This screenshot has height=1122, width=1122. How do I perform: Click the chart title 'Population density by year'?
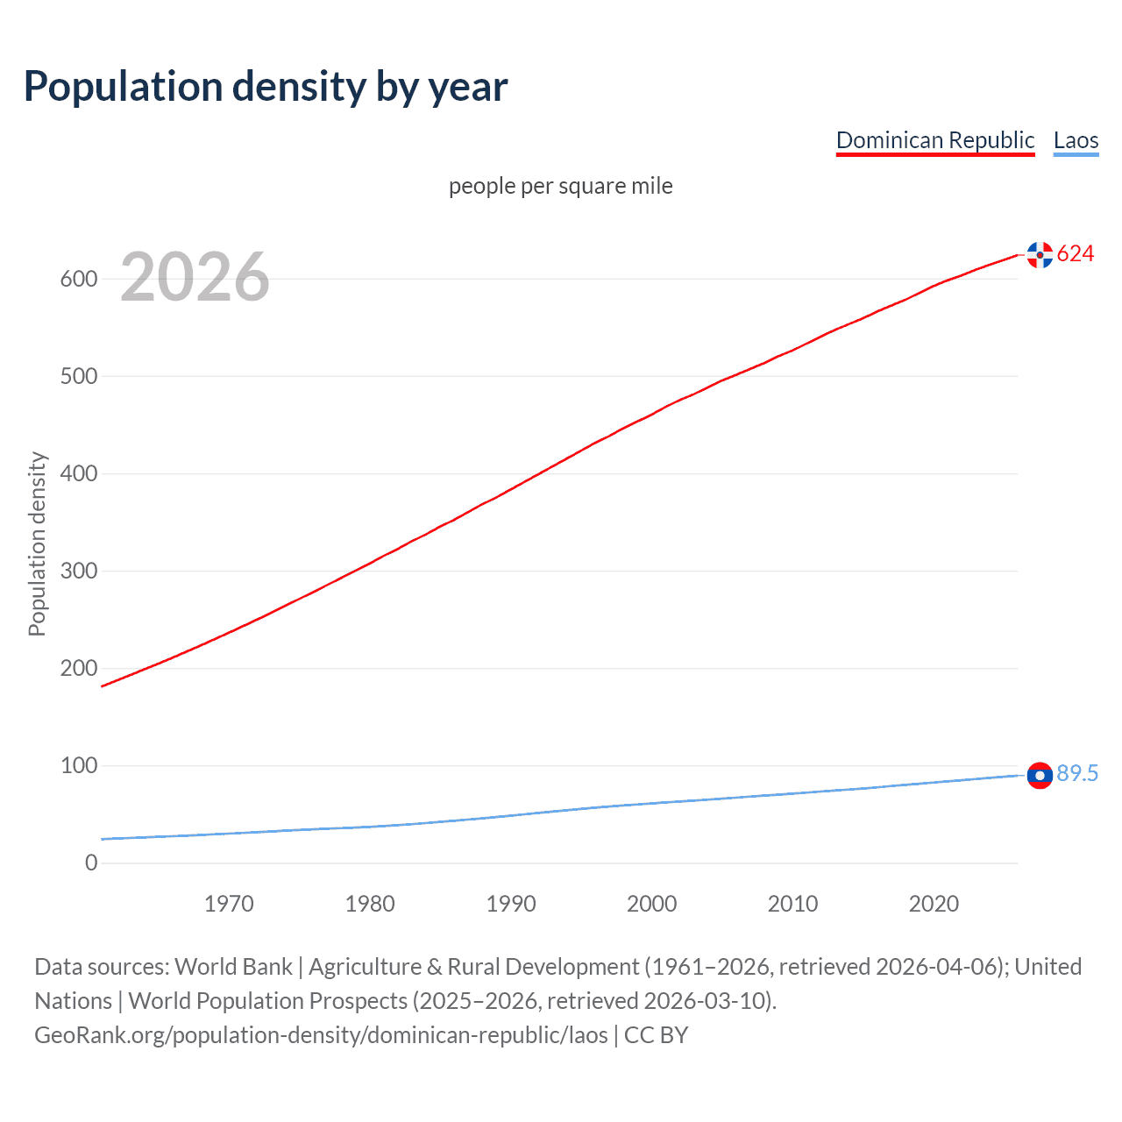click(x=266, y=87)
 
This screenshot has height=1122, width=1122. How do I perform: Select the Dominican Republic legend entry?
click(x=935, y=140)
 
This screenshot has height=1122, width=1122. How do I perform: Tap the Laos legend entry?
click(x=1076, y=140)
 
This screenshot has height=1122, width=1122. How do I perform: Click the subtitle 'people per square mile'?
click(x=560, y=186)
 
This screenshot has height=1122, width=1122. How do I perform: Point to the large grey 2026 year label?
click(x=195, y=277)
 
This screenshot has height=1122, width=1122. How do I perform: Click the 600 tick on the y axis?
click(x=78, y=279)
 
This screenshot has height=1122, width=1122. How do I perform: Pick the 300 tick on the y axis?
click(x=78, y=571)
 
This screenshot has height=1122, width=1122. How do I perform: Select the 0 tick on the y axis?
click(x=91, y=863)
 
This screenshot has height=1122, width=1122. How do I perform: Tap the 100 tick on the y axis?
click(x=78, y=765)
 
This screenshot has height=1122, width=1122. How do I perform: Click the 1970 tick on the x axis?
click(x=229, y=904)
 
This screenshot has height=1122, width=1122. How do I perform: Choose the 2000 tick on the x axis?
click(x=651, y=904)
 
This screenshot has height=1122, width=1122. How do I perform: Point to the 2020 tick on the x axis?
click(x=934, y=904)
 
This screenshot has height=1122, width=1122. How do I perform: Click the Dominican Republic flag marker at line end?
click(x=1040, y=255)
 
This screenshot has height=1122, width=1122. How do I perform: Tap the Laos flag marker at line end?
click(x=1040, y=776)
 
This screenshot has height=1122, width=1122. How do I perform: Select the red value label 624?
click(x=1076, y=254)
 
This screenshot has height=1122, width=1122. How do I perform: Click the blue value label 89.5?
click(x=1077, y=773)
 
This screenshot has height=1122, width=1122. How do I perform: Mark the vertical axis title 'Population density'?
click(x=37, y=543)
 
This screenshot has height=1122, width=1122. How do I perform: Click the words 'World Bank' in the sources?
click(x=233, y=967)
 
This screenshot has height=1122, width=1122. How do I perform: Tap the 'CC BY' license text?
click(x=656, y=1035)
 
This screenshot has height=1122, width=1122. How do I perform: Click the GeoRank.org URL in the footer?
click(x=321, y=1035)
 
